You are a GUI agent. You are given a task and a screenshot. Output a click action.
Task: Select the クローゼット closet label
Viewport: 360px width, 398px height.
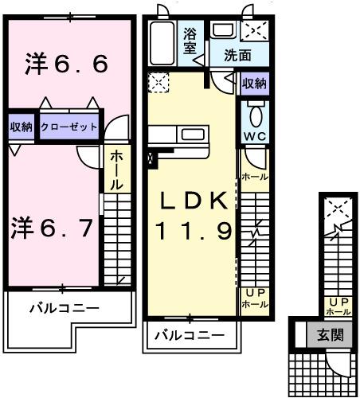coord(69,127)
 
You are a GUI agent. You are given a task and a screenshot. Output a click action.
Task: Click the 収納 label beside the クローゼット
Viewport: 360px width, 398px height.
coord(22,127)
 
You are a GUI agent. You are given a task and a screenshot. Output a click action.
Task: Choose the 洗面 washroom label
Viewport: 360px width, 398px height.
coord(237,56)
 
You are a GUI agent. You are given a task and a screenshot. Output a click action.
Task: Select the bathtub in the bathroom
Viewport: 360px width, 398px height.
coord(162,44)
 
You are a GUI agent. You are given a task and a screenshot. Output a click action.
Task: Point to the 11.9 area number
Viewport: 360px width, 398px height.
coord(194,232)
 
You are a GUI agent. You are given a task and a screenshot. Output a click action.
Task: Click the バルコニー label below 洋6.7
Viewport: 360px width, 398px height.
coord(65,306)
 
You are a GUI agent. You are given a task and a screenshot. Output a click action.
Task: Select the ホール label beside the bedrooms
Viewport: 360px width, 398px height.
coord(115,170)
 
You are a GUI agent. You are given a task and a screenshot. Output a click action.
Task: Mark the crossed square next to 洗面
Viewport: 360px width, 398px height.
coord(255,31)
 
